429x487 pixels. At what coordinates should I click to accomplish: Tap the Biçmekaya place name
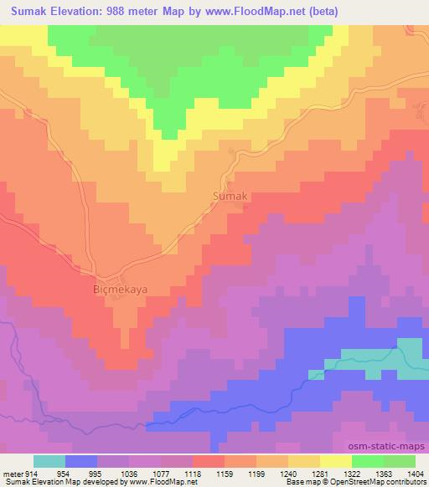click(x=118, y=290)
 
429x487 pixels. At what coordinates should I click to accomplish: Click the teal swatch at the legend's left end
click(x=49, y=461)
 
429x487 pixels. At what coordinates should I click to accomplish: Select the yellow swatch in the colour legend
click(x=334, y=461)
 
